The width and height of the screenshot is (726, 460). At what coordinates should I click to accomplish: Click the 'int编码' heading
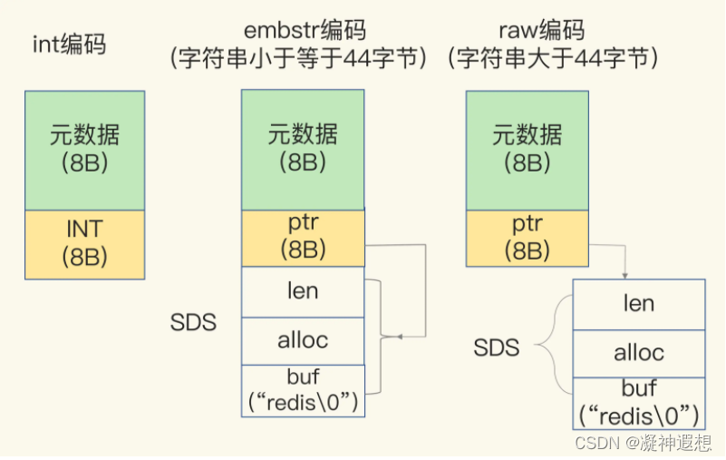[x=69, y=44]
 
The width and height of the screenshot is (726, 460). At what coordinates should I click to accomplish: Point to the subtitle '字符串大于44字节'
[x=552, y=60]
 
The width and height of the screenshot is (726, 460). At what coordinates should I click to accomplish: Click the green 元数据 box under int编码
[x=84, y=150]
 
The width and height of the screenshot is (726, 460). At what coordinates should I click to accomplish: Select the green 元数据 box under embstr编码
[x=302, y=150]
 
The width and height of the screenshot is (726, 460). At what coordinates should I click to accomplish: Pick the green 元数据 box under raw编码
[x=527, y=150]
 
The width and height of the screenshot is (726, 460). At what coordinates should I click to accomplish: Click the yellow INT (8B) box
[x=84, y=243]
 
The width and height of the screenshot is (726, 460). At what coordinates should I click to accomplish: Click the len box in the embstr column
[x=302, y=292]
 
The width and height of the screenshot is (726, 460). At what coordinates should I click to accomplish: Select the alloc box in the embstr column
[x=302, y=341]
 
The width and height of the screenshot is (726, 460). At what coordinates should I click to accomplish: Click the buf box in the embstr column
[x=302, y=390]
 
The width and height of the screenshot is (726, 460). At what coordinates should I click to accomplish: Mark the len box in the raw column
[x=638, y=303]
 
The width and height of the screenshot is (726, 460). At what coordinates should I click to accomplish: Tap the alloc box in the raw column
[x=638, y=353]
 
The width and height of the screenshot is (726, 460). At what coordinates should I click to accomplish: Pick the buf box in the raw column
[x=638, y=403]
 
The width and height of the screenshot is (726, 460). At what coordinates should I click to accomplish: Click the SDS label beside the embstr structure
[x=193, y=323]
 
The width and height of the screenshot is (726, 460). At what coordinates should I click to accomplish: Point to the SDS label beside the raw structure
[x=497, y=347]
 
